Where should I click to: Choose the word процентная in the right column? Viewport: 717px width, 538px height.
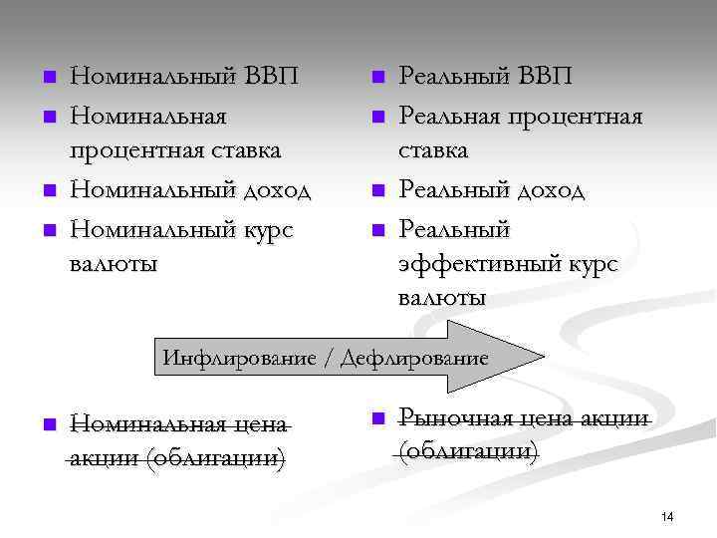tap(579, 117)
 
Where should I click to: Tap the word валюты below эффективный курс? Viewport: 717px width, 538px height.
tap(442, 298)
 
